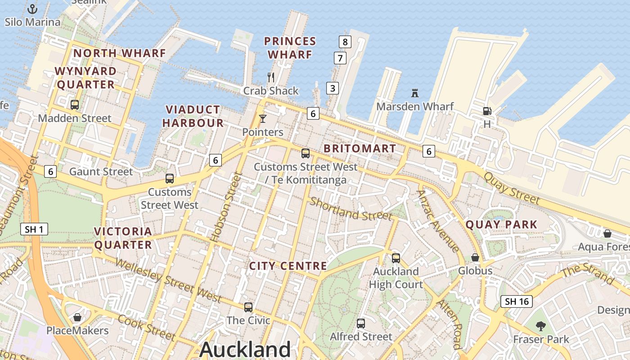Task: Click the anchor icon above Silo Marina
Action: click(32, 9)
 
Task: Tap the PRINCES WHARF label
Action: click(290, 48)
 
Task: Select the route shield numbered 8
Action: click(345, 42)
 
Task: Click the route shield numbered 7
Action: click(340, 58)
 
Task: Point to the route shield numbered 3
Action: click(332, 88)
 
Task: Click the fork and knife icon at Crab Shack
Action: click(271, 77)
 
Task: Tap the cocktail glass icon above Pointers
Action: click(263, 119)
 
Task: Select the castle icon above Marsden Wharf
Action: click(415, 93)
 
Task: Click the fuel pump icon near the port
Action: click(486, 111)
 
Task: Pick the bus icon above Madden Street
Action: click(75, 105)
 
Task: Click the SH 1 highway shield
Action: click(34, 229)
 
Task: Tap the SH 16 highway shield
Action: click(517, 301)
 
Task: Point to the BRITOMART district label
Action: click(360, 148)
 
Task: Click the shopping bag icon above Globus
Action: click(475, 257)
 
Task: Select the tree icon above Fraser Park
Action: click(541, 326)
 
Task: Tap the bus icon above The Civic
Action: click(248, 307)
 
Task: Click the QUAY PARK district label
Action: click(501, 225)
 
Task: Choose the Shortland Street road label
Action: click(351, 209)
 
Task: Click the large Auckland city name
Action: click(245, 349)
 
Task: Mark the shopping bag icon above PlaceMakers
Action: click(77, 317)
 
